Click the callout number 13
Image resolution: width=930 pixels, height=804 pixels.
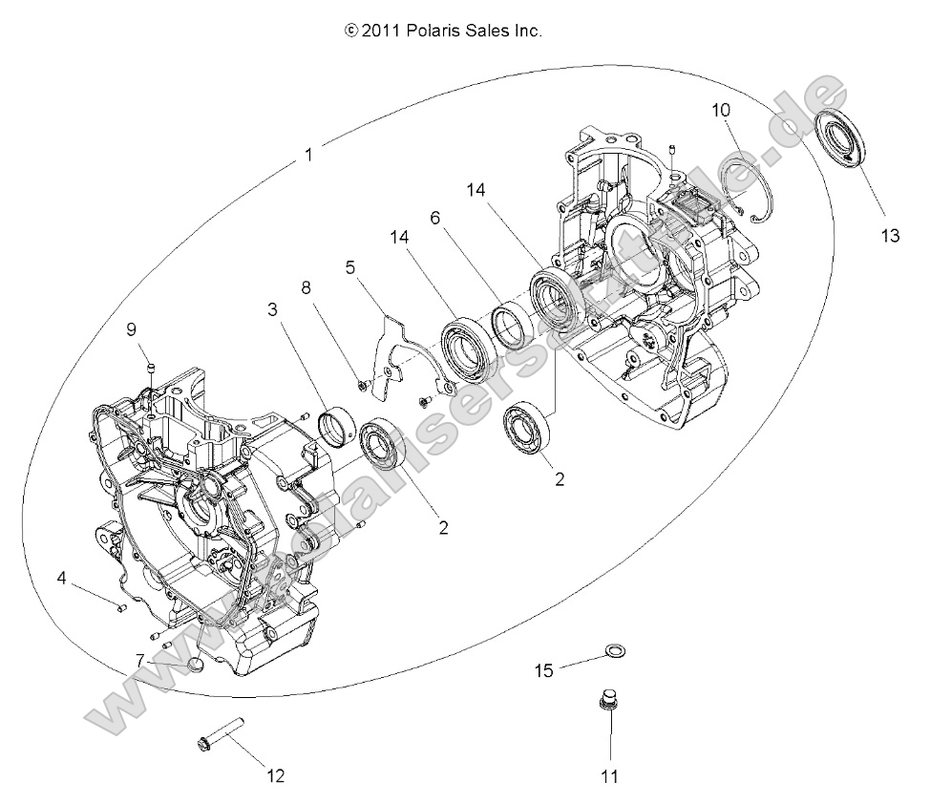tap(889, 238)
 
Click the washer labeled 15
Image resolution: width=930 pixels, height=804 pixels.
tap(616, 653)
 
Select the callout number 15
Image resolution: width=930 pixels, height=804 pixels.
tap(543, 671)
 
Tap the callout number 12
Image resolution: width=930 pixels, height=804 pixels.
tap(275, 775)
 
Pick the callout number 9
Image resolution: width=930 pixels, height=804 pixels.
tap(132, 329)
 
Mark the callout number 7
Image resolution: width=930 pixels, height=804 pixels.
tap(139, 659)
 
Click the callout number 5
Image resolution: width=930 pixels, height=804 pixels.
tap(350, 268)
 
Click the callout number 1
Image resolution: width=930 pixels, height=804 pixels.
tap(306, 154)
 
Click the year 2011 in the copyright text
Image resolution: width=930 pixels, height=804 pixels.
tap(379, 32)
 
